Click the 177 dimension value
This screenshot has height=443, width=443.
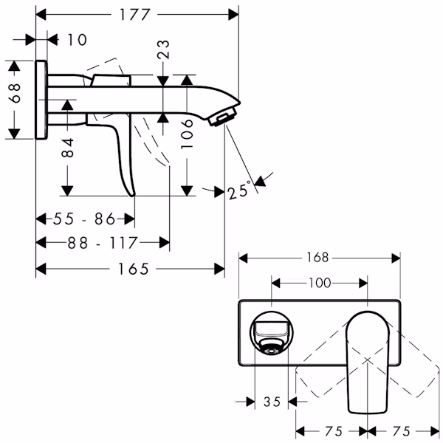(134, 15)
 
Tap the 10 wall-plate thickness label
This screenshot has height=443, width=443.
(77, 40)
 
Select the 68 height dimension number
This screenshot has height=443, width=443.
(15, 93)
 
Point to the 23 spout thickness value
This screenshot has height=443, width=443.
(164, 49)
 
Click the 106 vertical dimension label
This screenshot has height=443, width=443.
(187, 134)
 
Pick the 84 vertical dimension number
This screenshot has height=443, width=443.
(68, 148)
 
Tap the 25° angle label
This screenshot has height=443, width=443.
(239, 190)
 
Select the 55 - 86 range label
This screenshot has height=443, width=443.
(84, 219)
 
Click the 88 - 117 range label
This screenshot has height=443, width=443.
(103, 243)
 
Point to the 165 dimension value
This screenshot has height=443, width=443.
(133, 269)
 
